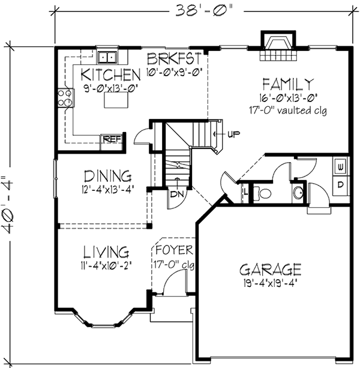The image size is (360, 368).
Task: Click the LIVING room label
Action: point(106,250)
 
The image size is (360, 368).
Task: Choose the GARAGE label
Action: point(269,268)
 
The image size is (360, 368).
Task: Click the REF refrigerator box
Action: point(112,139)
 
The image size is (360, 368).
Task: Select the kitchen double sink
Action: point(109,58)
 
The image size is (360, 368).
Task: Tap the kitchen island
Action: point(116,100)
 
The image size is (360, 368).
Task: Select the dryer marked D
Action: point(340,184)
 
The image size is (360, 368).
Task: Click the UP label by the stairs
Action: point(233,133)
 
